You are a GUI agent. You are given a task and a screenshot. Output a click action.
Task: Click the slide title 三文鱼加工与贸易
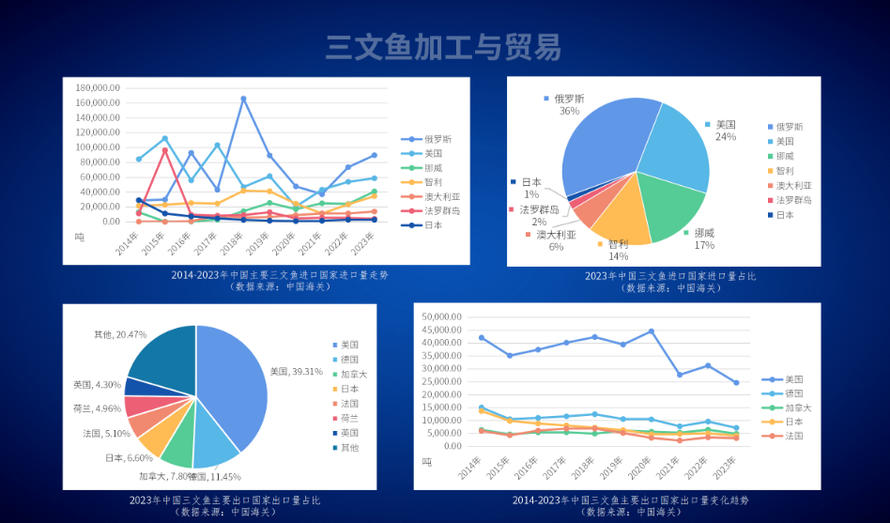pos(444,47)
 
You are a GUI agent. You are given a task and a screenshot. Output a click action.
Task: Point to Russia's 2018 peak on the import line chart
pos(243,98)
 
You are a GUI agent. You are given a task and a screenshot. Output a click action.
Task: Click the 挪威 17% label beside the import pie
pos(703,238)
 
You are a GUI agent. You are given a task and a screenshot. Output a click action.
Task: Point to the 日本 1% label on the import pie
pos(530,187)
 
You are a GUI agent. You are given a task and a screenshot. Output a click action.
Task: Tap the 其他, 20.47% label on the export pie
pos(120,334)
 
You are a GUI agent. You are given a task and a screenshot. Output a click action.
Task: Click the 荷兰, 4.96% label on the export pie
pos(101,408)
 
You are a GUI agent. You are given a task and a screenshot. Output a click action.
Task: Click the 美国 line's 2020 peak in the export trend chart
pos(651,331)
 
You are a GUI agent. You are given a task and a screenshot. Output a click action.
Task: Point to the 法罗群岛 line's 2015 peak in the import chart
pos(164,149)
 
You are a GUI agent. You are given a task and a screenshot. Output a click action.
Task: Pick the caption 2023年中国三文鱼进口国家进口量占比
pos(669,276)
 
